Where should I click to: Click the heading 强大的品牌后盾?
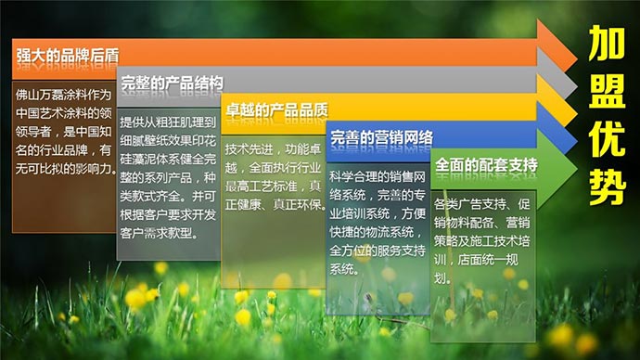55,55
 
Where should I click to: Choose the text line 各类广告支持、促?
482,204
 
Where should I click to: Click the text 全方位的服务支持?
377,251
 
